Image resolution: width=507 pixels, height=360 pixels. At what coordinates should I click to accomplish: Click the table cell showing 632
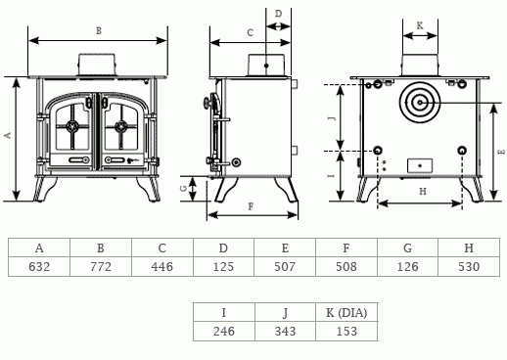coord(39,267)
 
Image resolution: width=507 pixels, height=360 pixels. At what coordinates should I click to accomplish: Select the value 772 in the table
coord(101,267)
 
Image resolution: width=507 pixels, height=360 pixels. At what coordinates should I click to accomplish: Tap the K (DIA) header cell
coord(346,313)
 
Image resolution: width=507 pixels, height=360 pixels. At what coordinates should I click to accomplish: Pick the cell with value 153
coord(346,332)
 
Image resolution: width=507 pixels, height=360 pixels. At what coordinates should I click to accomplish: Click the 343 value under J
coord(285,332)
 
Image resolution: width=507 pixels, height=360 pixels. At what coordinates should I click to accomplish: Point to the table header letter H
coord(469,248)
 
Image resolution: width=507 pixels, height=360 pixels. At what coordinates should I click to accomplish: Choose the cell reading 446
coord(162,267)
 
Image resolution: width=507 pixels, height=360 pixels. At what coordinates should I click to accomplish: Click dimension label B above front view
coord(99,31)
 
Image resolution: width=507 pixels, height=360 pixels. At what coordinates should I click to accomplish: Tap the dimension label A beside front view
coord(8,135)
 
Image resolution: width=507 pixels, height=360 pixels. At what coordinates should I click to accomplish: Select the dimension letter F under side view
coord(251,206)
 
